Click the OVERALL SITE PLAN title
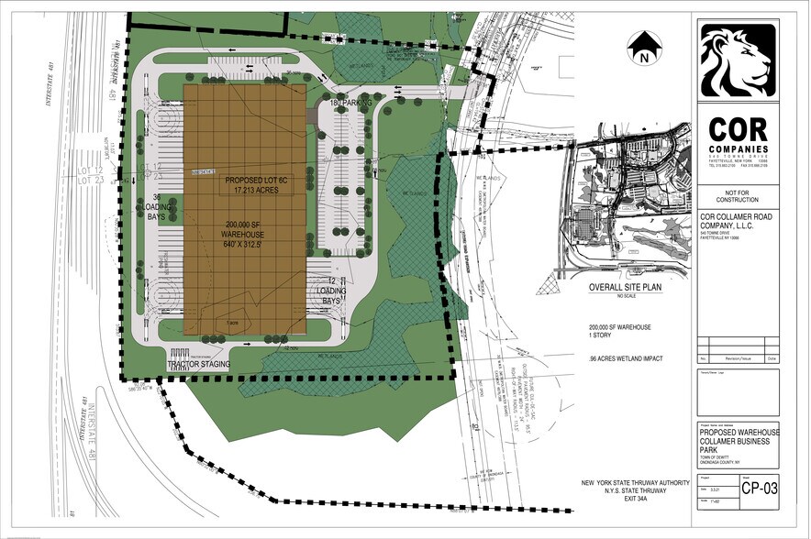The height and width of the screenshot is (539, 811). tap(628, 287)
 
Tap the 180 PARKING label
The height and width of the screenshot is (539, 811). tap(352, 104)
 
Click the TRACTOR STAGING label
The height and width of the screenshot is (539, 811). tap(197, 365)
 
